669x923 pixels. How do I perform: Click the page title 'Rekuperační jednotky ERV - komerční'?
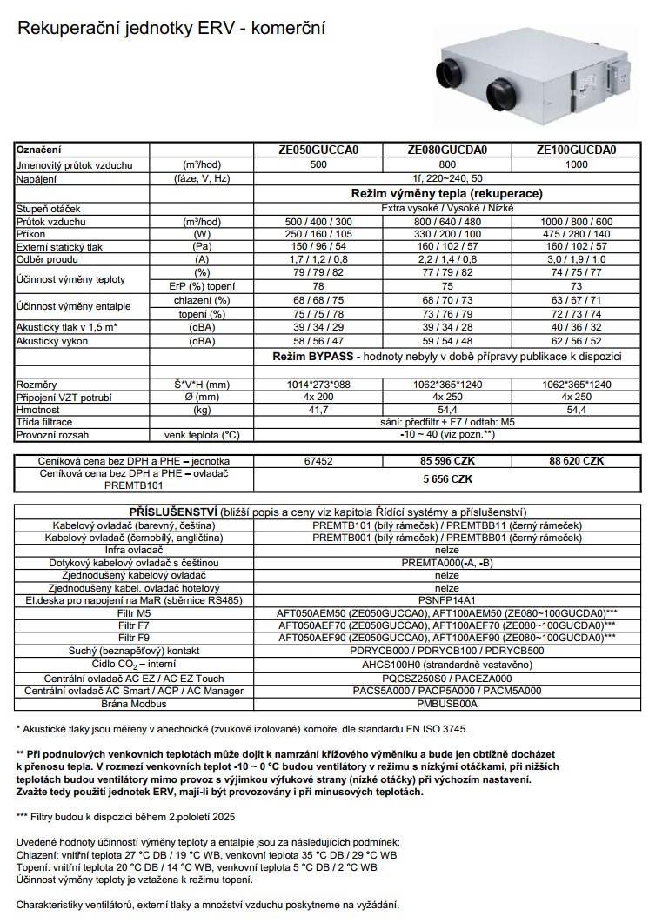171,30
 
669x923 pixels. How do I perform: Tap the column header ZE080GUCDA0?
447,150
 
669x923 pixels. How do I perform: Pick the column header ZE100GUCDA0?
577,150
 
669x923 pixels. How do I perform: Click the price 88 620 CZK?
577,461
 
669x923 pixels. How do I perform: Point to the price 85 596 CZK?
447,461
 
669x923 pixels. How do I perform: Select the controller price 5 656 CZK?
447,478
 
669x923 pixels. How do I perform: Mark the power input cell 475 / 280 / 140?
577,235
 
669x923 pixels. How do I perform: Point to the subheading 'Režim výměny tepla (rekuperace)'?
447,193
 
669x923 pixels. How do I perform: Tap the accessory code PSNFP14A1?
447,599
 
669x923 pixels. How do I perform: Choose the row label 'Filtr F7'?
134,625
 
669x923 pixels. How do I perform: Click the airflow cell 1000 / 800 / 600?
577,222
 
